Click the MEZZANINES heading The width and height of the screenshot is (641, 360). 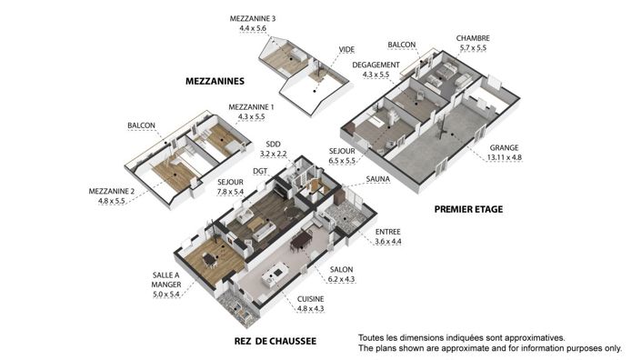(x=215, y=81)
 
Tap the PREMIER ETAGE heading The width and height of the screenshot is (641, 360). (x=468, y=209)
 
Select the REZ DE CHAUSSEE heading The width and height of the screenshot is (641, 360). (x=275, y=341)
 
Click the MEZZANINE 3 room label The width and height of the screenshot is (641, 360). (x=253, y=18)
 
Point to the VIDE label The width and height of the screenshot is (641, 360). (x=346, y=49)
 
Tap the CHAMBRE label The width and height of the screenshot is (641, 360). (x=473, y=38)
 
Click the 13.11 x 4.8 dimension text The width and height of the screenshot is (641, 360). (x=505, y=157)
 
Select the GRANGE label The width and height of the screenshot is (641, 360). (x=504, y=147)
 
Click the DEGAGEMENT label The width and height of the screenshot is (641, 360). (x=376, y=65)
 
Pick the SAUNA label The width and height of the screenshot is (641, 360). (x=378, y=179)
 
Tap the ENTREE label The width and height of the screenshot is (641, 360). (x=388, y=232)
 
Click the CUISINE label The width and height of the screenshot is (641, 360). (x=311, y=299)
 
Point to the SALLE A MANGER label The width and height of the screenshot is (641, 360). (x=166, y=280)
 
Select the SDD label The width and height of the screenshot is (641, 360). (x=273, y=145)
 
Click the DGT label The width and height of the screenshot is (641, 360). (x=260, y=171)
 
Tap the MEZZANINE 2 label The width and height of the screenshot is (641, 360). (x=112, y=191)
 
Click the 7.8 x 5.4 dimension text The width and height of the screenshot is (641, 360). (x=231, y=192)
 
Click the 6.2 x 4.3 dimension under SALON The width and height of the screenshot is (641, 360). (x=341, y=279)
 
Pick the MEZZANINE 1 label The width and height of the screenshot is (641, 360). (x=252, y=107)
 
